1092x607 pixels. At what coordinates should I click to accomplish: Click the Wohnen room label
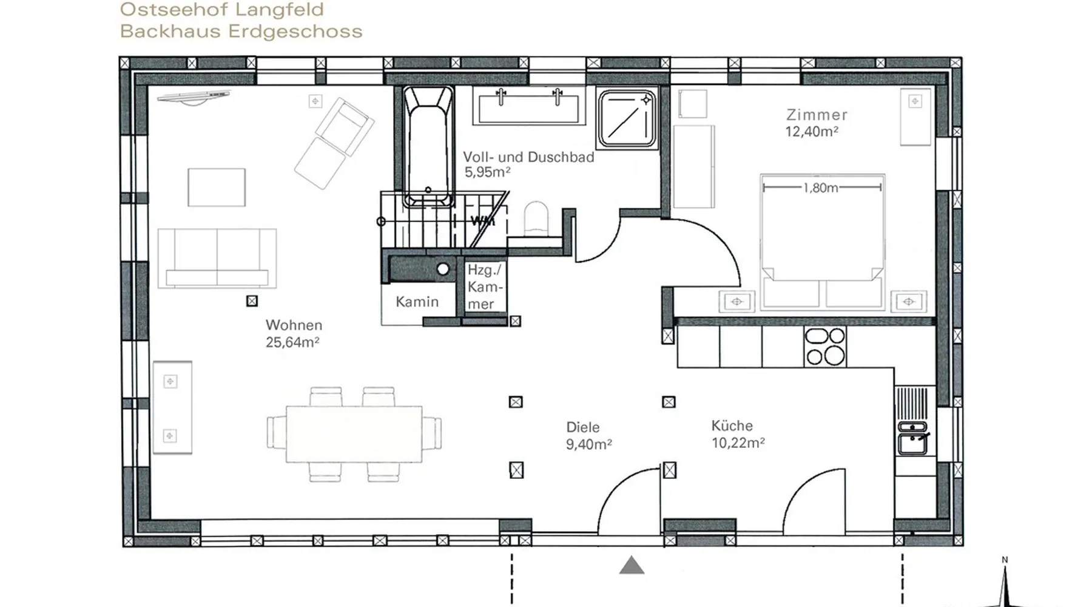(x=294, y=325)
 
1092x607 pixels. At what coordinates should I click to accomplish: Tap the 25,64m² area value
(x=292, y=342)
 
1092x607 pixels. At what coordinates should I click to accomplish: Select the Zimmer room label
(x=817, y=115)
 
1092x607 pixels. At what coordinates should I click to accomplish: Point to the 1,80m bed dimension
(x=821, y=188)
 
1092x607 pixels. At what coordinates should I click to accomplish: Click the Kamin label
(x=417, y=302)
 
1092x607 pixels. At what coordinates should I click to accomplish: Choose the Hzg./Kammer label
(x=485, y=287)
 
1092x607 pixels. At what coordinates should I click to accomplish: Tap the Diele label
(x=582, y=427)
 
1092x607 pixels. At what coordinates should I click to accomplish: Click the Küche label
(x=732, y=426)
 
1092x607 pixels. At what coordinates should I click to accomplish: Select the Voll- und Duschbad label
(x=528, y=157)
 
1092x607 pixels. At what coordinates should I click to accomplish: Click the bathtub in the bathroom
(x=428, y=147)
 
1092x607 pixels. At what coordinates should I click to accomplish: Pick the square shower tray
(x=627, y=119)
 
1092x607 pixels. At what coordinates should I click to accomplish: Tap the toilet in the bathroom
(x=536, y=219)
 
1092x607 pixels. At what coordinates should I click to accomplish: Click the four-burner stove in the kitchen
(x=825, y=346)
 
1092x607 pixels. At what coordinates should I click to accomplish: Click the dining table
(x=354, y=435)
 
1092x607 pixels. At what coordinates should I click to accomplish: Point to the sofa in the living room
(x=217, y=258)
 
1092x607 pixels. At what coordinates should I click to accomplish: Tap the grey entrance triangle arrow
(x=632, y=565)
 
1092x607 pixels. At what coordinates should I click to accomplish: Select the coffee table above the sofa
(x=217, y=188)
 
